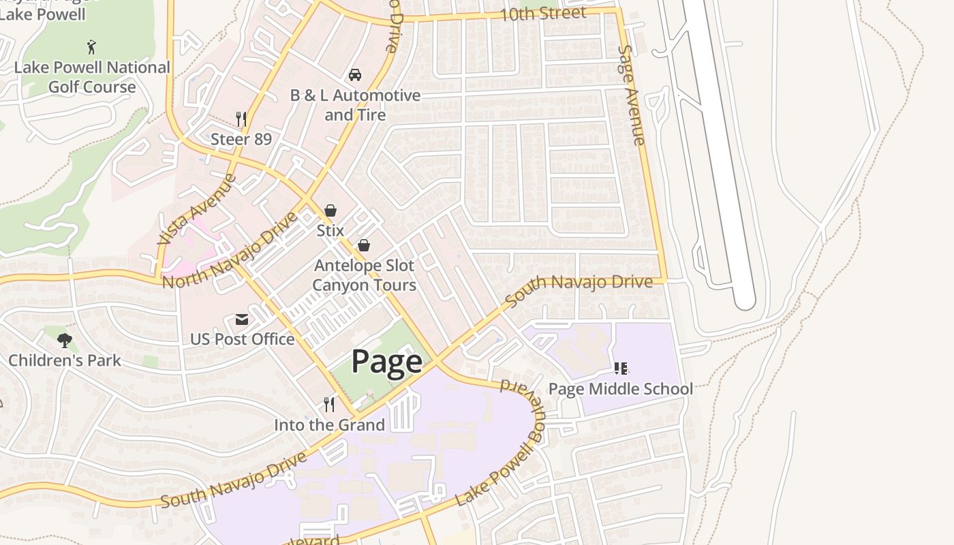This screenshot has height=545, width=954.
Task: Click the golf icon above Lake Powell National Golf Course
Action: (92, 47)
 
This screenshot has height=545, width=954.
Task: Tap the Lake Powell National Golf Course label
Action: (92, 77)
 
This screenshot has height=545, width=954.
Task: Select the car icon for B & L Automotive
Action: (355, 74)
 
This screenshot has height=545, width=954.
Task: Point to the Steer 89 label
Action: (241, 140)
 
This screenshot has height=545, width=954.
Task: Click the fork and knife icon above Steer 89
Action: (241, 119)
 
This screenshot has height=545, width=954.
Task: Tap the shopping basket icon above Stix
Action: (330, 211)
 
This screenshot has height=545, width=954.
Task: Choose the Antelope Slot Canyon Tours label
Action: (364, 275)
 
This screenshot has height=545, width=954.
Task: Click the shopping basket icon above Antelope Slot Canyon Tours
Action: (364, 245)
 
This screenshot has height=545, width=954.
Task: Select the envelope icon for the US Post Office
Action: (242, 320)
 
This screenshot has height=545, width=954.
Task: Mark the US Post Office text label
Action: (242, 339)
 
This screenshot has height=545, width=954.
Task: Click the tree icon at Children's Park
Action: (65, 340)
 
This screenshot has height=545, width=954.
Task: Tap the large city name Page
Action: (386, 362)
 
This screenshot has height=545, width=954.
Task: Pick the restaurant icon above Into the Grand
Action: (329, 405)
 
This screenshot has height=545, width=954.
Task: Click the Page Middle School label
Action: (620, 389)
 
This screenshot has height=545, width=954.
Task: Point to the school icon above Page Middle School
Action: (620, 369)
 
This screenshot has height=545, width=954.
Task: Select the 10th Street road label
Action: (542, 14)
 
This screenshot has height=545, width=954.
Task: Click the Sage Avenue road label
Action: (631, 95)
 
